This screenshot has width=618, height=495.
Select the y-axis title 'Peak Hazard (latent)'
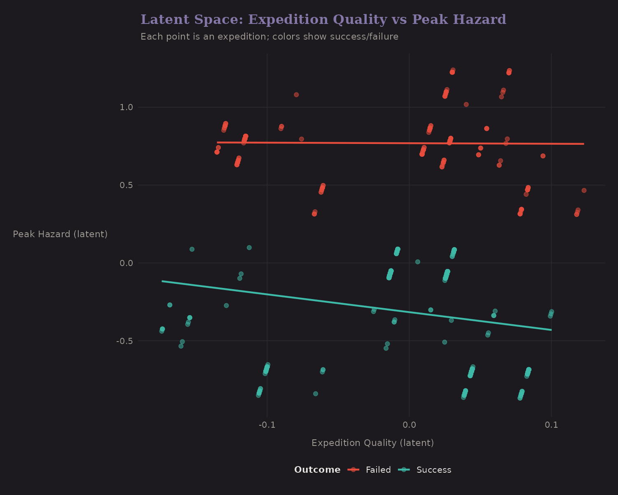(x=60, y=234)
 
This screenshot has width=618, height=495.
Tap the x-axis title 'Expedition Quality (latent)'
(x=372, y=443)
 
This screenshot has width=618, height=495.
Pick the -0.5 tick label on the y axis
(x=124, y=341)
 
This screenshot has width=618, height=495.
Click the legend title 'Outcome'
(x=317, y=470)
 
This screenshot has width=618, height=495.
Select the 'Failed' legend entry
(x=378, y=470)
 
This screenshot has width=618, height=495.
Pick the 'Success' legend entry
(x=434, y=470)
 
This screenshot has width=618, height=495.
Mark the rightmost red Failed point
(x=584, y=191)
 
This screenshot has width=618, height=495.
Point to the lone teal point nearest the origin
(x=417, y=262)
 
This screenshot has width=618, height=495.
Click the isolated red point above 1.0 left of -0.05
(x=296, y=95)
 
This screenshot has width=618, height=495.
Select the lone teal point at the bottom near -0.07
(x=316, y=394)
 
